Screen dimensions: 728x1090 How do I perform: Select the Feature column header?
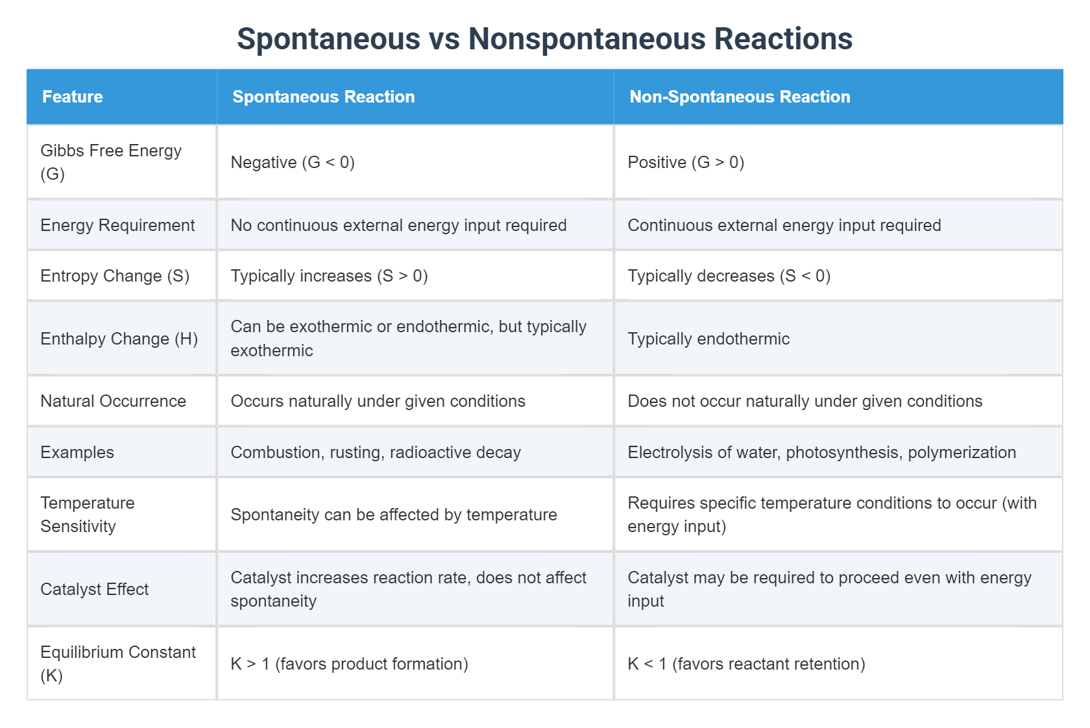[73, 97]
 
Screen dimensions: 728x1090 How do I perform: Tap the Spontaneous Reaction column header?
[323, 97]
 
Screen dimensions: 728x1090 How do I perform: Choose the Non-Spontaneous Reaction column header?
[740, 97]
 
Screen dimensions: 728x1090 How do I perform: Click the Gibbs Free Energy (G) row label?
[110, 162]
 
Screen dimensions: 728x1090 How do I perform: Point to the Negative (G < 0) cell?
[293, 162]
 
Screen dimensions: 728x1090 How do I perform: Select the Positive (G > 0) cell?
[686, 162]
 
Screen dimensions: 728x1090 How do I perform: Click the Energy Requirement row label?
[117, 225]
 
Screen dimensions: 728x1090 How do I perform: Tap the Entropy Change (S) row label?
[115, 276]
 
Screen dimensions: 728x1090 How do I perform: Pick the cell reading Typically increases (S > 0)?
[329, 276]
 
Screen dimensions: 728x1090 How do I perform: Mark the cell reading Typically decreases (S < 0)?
[729, 276]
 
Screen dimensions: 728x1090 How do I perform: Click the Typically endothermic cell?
[708, 339]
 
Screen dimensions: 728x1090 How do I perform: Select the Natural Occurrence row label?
[113, 401]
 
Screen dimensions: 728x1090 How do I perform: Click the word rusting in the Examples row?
[356, 452]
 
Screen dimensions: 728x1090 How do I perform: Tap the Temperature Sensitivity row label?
[87, 515]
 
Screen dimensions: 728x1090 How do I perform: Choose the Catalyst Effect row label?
[95, 589]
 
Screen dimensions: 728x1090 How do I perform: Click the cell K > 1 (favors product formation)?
[349, 664]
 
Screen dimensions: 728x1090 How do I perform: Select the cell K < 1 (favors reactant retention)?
[746, 664]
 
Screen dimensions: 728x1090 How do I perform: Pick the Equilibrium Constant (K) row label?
[117, 664]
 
